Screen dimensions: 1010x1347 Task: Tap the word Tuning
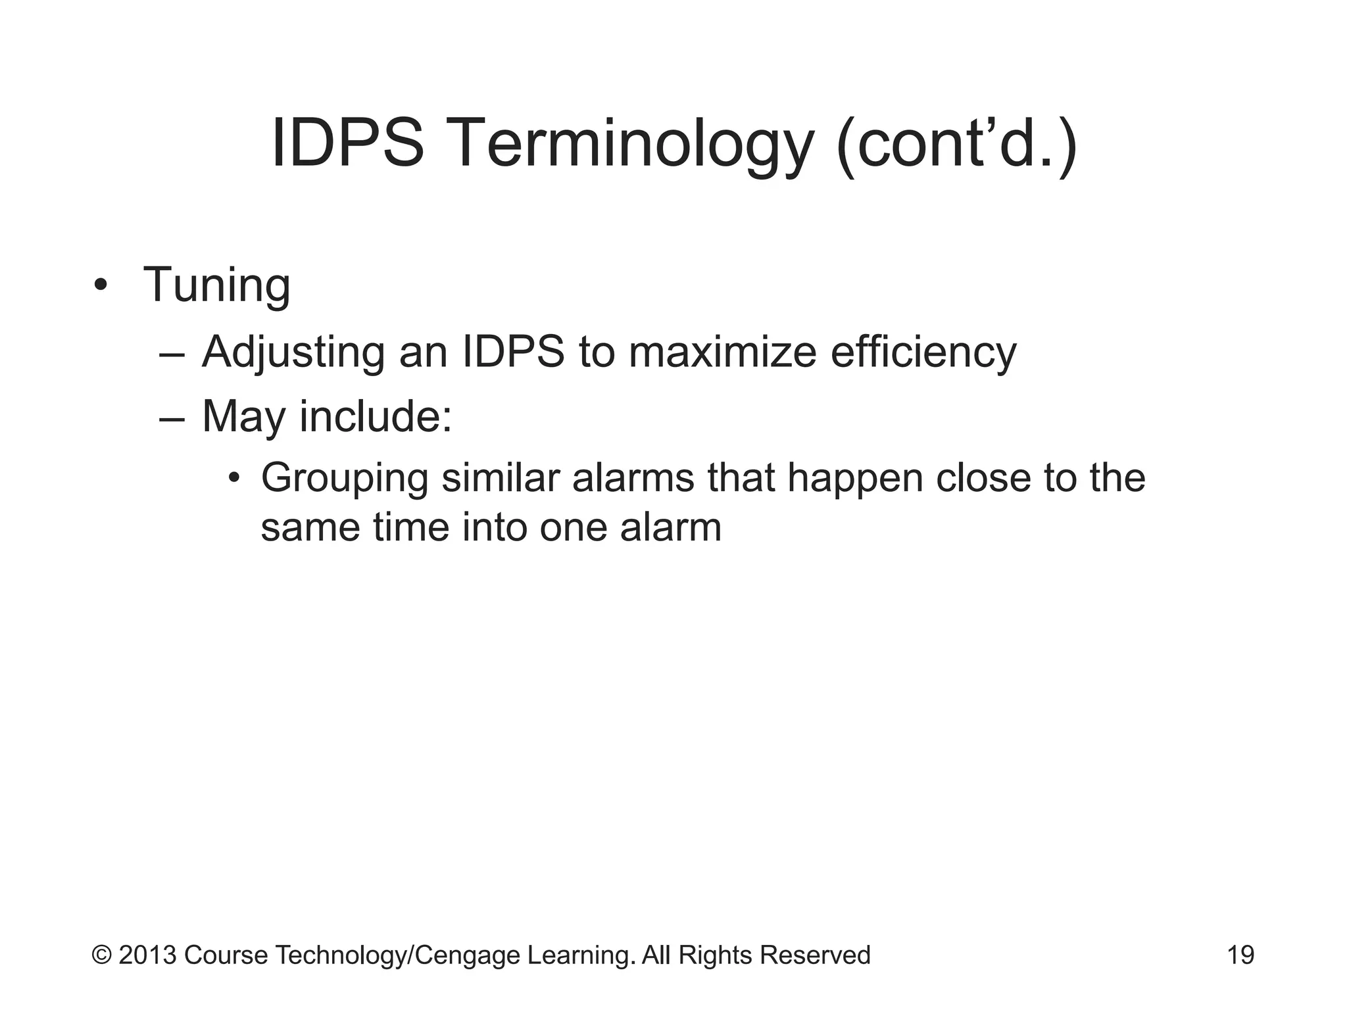coord(216,285)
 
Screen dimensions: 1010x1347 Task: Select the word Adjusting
coord(293,352)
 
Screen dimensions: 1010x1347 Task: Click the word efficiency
coord(923,352)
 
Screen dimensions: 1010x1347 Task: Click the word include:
coord(376,417)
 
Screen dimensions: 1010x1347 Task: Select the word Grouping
coord(345,479)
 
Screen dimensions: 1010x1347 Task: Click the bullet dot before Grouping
coord(233,477)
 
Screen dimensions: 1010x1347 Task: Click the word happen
coord(854,479)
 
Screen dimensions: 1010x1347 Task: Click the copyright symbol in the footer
coord(101,955)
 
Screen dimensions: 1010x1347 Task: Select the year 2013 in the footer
coord(147,955)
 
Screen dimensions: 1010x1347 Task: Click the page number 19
coord(1240,955)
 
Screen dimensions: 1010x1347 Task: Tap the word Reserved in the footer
coord(815,955)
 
